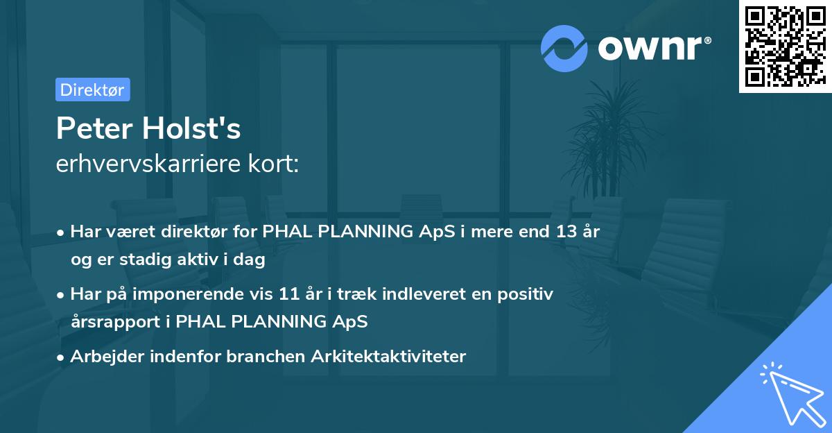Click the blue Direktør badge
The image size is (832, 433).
pyautogui.click(x=93, y=90)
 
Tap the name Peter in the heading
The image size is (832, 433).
pyautogui.click(x=94, y=128)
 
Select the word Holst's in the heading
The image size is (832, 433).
pyautogui.click(x=191, y=128)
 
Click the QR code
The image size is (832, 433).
pyautogui.click(x=785, y=46)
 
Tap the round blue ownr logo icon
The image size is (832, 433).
pyautogui.click(x=564, y=49)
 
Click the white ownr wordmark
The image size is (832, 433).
pyautogui.click(x=650, y=49)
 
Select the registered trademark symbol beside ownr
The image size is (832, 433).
pyautogui.click(x=708, y=40)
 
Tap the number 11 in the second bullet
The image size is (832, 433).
pyautogui.click(x=289, y=294)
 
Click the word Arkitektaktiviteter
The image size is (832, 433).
pyautogui.click(x=388, y=356)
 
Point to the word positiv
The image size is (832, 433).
pyautogui.click(x=526, y=294)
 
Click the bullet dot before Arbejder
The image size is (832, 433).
pyautogui.click(x=60, y=358)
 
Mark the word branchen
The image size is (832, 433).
pyautogui.click(x=266, y=356)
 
